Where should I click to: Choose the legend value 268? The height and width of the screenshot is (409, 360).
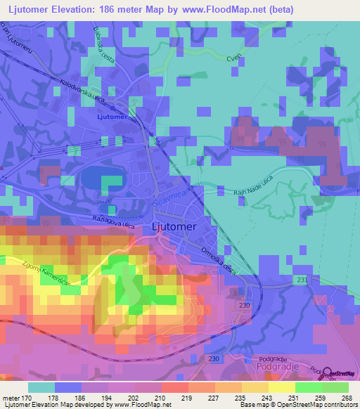346,398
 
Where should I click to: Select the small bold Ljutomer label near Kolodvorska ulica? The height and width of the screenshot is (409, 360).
112,117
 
